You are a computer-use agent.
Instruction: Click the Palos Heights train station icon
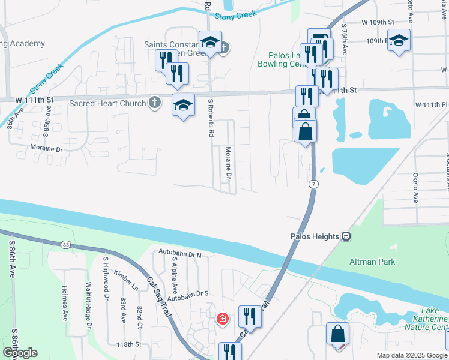(346, 236)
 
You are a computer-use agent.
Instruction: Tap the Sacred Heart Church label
(107, 103)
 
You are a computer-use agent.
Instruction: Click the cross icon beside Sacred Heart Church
(155, 103)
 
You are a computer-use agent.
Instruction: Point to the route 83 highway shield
(65, 244)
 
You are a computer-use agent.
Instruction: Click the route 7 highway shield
(313, 183)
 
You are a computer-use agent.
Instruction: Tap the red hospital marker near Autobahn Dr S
(222, 318)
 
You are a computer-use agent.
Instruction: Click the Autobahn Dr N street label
(180, 254)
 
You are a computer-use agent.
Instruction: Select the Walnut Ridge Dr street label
(88, 305)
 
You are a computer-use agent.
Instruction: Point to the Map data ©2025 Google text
(412, 355)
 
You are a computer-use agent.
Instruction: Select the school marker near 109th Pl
(399, 41)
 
